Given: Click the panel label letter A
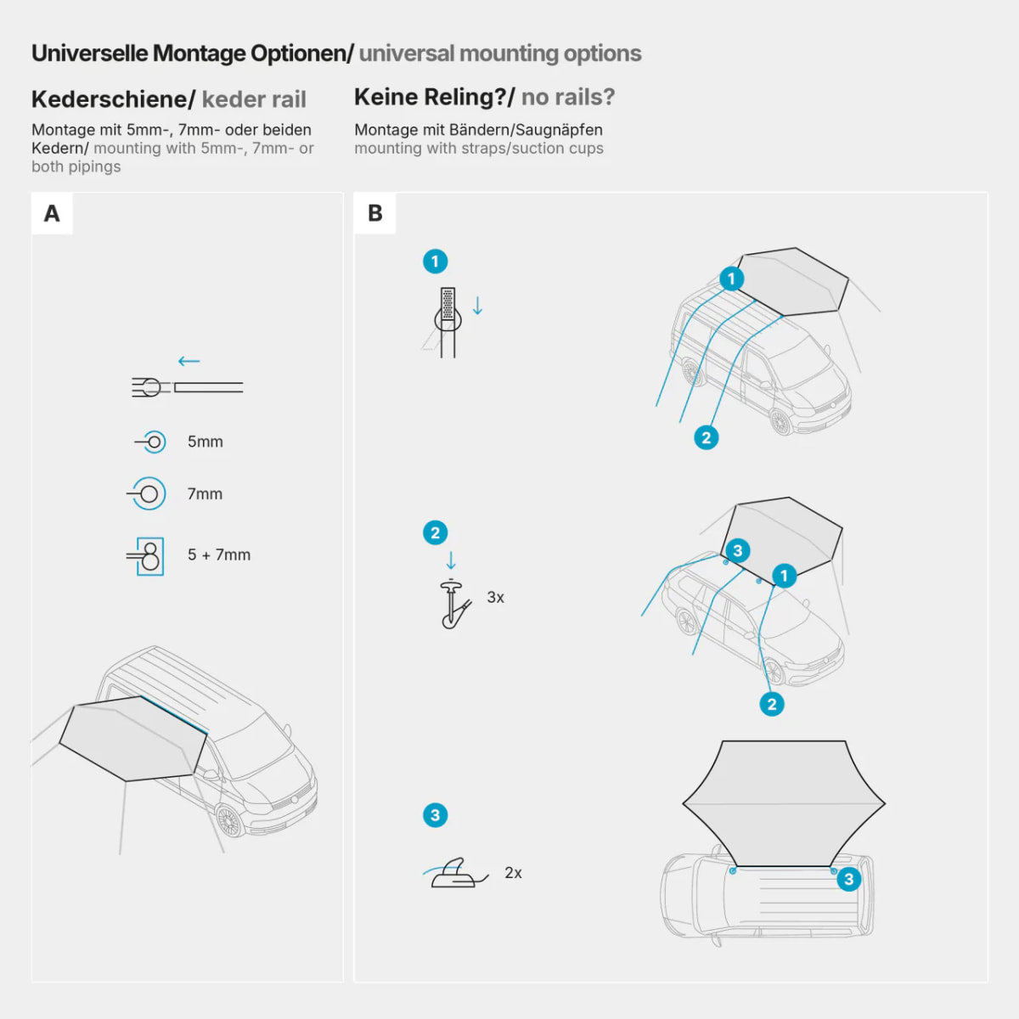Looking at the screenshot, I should [x=52, y=213].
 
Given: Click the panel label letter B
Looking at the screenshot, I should [x=374, y=213].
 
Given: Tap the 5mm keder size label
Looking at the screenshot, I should [x=205, y=442].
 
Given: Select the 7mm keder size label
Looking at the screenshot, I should [x=205, y=493].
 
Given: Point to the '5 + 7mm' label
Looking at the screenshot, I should [x=219, y=555].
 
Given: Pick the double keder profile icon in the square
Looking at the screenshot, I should [x=149, y=556].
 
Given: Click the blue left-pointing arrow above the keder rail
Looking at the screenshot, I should [x=189, y=361].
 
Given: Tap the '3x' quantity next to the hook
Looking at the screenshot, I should [x=495, y=597].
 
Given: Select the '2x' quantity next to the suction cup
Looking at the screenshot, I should [x=513, y=872].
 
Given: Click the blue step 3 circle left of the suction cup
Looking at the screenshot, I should [x=435, y=815].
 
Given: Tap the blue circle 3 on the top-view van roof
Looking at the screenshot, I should [x=848, y=879].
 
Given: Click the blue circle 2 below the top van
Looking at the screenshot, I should [x=707, y=437].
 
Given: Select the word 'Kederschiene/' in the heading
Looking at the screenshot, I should [x=113, y=99].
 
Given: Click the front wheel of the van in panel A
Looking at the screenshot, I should [x=229, y=820].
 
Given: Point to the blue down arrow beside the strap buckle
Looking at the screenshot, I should [x=477, y=306].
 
